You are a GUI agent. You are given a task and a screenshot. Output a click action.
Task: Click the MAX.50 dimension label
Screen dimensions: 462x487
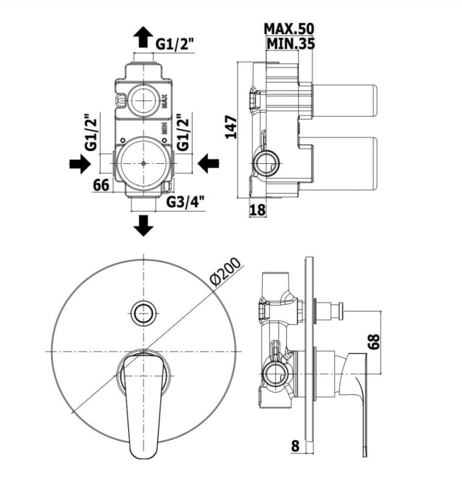click(x=289, y=29)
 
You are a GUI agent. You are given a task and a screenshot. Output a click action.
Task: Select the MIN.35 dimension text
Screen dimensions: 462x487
click(x=291, y=43)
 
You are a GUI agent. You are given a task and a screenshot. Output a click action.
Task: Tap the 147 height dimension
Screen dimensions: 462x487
click(x=231, y=127)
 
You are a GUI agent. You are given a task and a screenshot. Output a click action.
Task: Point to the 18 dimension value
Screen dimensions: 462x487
click(x=257, y=209)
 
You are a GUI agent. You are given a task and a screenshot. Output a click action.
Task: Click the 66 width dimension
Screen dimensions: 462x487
click(x=101, y=185)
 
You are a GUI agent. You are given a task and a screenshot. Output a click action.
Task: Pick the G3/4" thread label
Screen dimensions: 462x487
click(x=186, y=202)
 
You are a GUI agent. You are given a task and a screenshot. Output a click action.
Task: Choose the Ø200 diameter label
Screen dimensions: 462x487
click(x=226, y=271)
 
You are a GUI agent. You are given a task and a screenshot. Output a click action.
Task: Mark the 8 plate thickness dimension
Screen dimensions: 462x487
click(x=295, y=446)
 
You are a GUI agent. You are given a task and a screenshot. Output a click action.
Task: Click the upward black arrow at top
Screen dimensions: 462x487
click(x=143, y=37)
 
